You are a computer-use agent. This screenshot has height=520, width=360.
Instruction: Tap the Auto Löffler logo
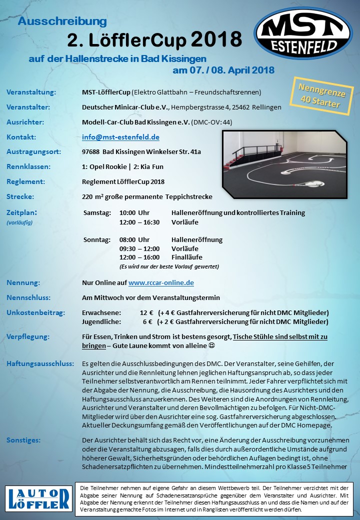[x=39, y=498]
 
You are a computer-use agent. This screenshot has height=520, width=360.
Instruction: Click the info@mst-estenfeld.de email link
[x=120, y=137]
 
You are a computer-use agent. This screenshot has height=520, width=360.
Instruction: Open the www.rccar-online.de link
[x=161, y=282]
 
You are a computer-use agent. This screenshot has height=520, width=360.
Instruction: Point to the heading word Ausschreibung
[x=62, y=21]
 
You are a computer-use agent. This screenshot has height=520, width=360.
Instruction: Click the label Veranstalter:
[x=28, y=107]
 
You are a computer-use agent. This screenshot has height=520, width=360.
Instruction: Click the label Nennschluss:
[x=29, y=297]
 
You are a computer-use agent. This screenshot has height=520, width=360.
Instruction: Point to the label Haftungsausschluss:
[x=40, y=363]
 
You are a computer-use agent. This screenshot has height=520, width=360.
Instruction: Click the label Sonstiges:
[x=24, y=440]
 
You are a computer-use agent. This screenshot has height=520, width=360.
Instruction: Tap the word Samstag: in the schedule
[x=97, y=212]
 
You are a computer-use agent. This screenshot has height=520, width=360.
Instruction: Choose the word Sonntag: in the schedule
[x=97, y=239]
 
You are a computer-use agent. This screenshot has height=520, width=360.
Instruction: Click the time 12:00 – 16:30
[x=139, y=221]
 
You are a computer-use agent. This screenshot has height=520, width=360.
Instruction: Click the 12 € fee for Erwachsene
[x=146, y=312]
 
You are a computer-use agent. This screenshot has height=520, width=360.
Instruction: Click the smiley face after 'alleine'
[x=211, y=345]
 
